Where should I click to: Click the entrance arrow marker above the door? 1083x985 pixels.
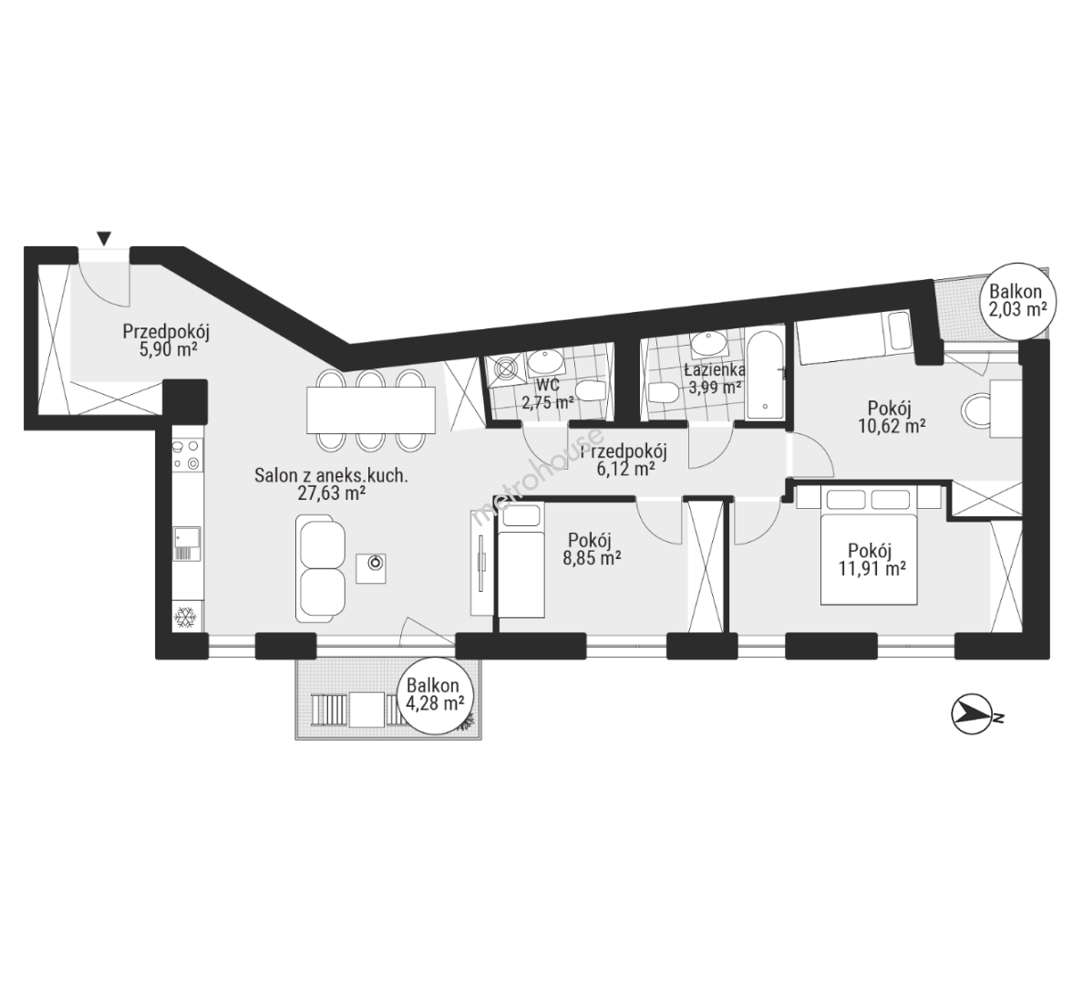click(104, 238)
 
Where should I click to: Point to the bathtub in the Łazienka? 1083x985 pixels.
click(765, 377)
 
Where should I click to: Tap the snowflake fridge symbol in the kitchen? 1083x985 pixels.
click(185, 617)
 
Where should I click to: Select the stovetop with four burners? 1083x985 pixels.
click(187, 455)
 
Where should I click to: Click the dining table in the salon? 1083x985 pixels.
click(371, 410)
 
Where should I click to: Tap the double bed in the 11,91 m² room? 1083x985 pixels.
click(869, 546)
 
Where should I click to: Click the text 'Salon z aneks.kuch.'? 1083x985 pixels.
click(331, 475)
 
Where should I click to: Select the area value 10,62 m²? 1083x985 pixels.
click(892, 426)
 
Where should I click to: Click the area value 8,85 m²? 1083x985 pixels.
click(592, 557)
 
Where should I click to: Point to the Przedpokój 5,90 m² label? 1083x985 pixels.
click(166, 340)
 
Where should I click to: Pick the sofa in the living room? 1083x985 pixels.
click(321, 568)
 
